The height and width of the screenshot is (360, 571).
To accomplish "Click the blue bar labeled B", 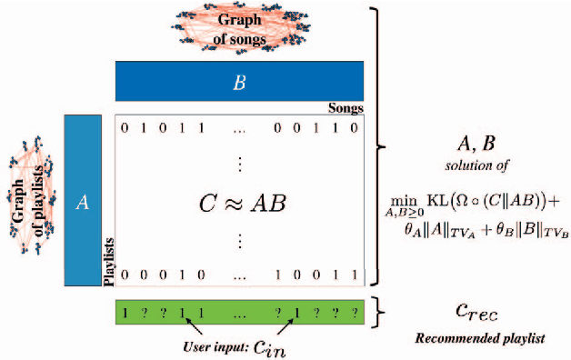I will (239, 81).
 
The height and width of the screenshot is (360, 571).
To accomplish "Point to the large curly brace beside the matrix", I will (381, 145).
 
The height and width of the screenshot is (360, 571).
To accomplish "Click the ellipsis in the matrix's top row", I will (239, 129).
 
